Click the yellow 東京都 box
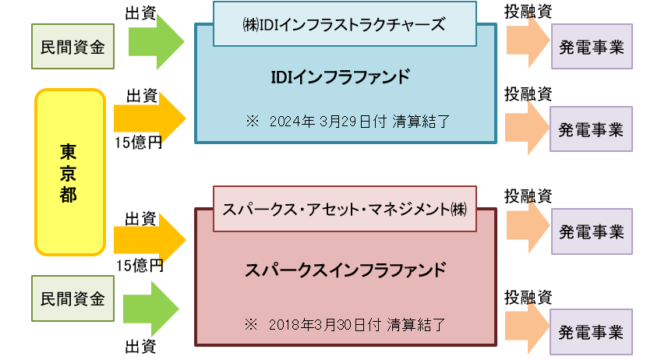point(69,172)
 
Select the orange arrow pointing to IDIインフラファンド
point(150,119)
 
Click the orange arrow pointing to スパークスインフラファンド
point(150,241)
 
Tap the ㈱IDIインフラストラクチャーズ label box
point(344,23)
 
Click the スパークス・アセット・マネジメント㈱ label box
point(344,208)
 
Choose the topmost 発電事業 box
point(591,46)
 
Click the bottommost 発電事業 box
point(591,332)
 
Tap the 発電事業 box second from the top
point(591,129)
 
